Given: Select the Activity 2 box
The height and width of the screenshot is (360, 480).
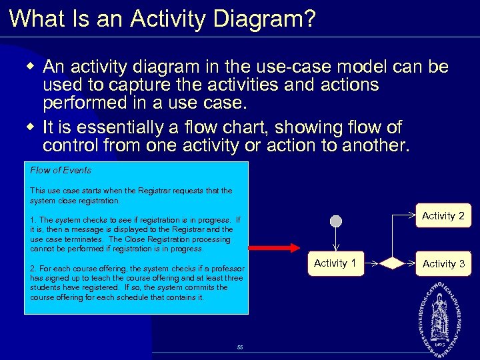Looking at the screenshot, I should pos(443,215).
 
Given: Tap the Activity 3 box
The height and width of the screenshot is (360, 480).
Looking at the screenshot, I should pos(443,264).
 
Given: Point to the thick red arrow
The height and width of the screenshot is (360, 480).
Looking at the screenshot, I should pos(275,248).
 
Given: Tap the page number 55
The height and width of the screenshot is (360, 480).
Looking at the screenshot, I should pos(240,347).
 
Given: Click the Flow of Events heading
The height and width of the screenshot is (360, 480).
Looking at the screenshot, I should pos(61,170).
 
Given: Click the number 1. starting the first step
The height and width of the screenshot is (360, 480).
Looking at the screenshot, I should pos(33,219).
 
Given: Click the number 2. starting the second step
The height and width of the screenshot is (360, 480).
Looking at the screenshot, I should pos(33,269).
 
